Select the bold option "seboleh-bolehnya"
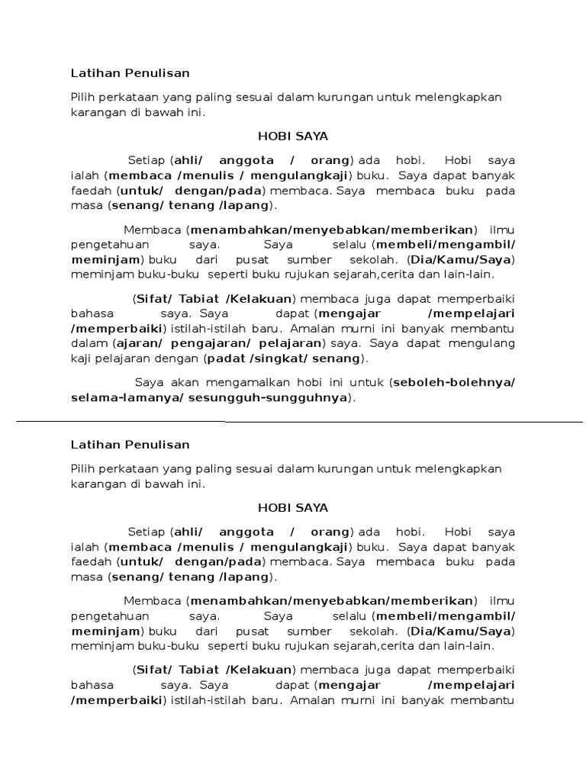coord(453,382)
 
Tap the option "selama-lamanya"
coord(122,397)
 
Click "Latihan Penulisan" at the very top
coord(130,73)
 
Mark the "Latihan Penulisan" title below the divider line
coord(130,444)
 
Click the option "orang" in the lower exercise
coord(330,531)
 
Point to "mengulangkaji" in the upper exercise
coord(305,175)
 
